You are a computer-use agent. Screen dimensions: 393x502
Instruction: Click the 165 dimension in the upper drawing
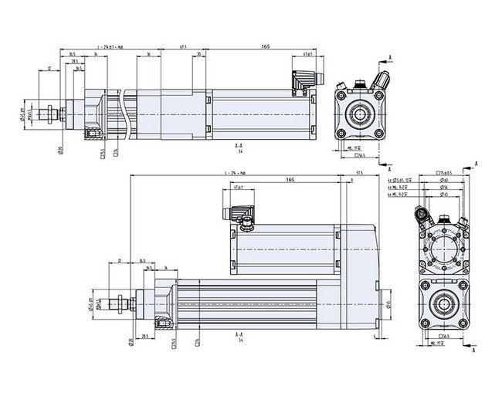265,47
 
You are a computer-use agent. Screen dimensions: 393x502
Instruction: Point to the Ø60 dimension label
444,180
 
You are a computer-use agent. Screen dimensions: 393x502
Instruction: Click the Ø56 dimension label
444,187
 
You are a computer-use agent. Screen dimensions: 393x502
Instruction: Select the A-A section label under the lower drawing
239,336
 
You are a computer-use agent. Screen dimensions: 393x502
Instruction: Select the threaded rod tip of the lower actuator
120,303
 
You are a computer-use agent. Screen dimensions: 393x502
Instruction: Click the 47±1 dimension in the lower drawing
236,188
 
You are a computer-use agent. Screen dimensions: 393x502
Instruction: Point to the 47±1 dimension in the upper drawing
307,55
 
